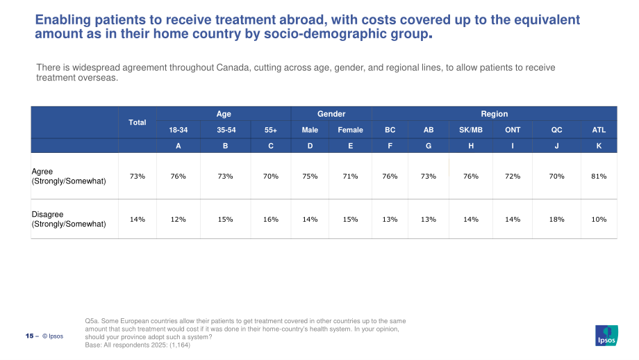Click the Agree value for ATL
click(599, 176)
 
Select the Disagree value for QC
click(556, 220)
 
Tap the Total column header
click(138, 122)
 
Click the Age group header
click(224, 114)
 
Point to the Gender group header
click(331, 114)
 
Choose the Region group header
click(495, 114)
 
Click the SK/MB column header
click(471, 130)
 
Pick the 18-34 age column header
click(178, 130)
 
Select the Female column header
click(350, 130)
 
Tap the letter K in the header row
click(599, 146)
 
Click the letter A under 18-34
click(178, 146)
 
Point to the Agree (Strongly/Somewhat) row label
click(69, 176)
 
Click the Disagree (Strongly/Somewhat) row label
click(69, 220)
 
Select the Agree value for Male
click(310, 176)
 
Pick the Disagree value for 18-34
click(178, 220)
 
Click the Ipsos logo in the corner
click(606, 336)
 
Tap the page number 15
click(29, 336)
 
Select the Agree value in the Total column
click(138, 176)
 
